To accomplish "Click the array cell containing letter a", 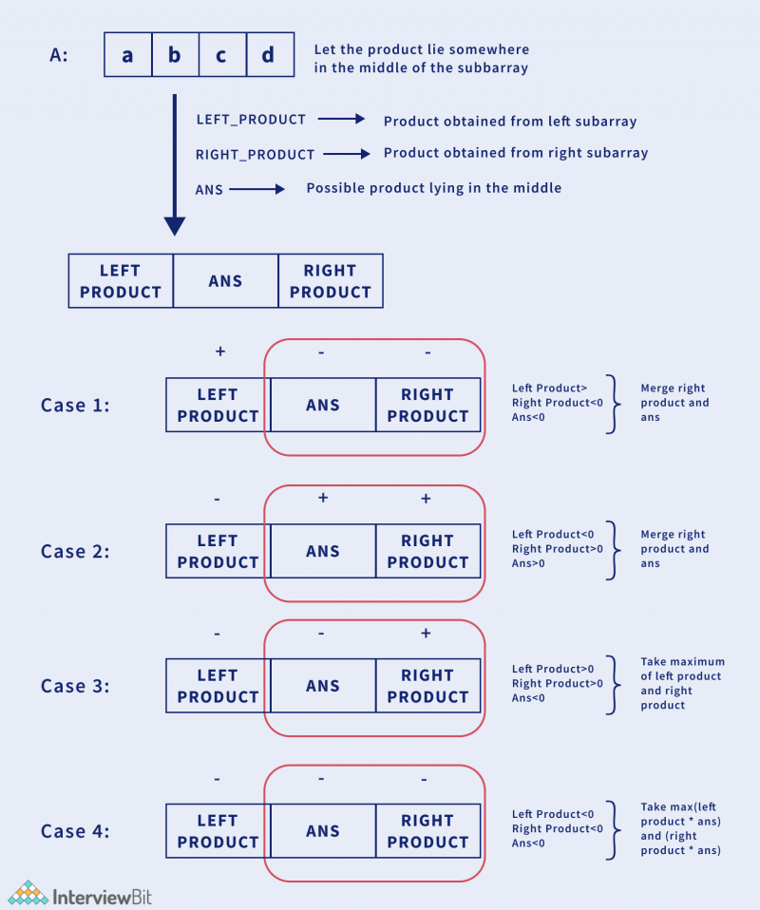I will [x=127, y=55].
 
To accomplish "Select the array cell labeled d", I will [x=268, y=55].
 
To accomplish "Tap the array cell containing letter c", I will [x=221, y=55].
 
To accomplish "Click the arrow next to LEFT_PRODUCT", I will [x=341, y=120].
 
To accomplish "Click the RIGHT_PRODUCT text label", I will [x=255, y=155].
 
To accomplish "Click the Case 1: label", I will [x=75, y=406].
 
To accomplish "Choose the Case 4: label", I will [x=75, y=831].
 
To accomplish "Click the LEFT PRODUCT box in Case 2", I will [x=218, y=551].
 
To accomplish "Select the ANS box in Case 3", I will [x=323, y=686].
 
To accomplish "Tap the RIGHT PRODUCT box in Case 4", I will [x=427, y=831].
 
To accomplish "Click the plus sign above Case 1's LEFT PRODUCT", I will [x=219, y=351].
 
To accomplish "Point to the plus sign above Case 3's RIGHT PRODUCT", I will [x=425, y=634].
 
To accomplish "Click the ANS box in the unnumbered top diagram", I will [x=225, y=281].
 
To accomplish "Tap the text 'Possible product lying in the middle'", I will [x=433, y=188].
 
